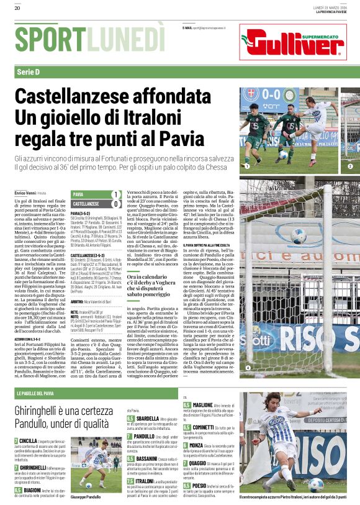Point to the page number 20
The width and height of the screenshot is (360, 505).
click(x=17, y=8)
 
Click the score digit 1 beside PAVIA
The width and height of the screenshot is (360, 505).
click(x=115, y=194)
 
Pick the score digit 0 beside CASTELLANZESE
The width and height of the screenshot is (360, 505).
click(x=115, y=204)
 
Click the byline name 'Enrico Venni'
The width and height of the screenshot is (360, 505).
click(x=25, y=194)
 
